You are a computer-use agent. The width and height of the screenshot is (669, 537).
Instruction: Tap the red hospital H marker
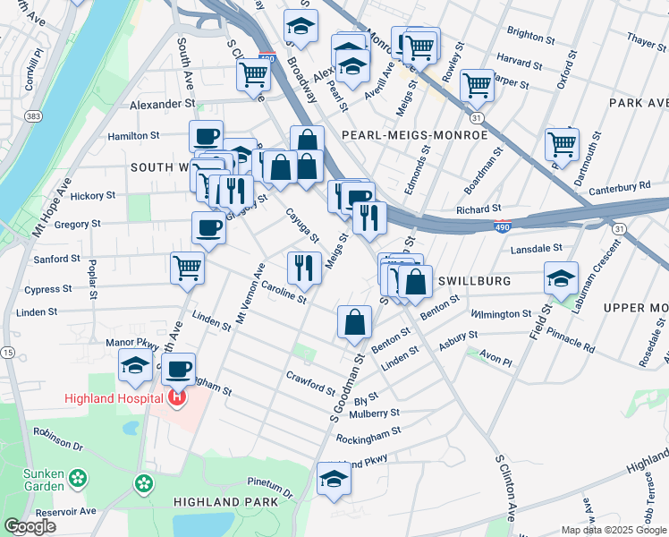[177, 396]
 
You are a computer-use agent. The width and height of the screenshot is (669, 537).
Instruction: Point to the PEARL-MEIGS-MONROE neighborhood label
[415, 135]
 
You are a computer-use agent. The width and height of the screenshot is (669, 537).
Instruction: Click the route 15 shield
[7, 354]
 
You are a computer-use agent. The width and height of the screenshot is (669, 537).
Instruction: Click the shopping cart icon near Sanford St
[188, 266]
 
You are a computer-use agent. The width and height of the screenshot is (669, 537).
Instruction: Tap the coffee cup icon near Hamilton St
[206, 136]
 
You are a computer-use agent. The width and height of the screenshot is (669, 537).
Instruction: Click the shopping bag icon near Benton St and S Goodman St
[354, 322]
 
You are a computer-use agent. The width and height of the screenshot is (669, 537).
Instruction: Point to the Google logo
[30, 527]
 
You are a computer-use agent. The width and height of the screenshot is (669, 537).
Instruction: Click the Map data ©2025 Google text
[614, 530]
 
